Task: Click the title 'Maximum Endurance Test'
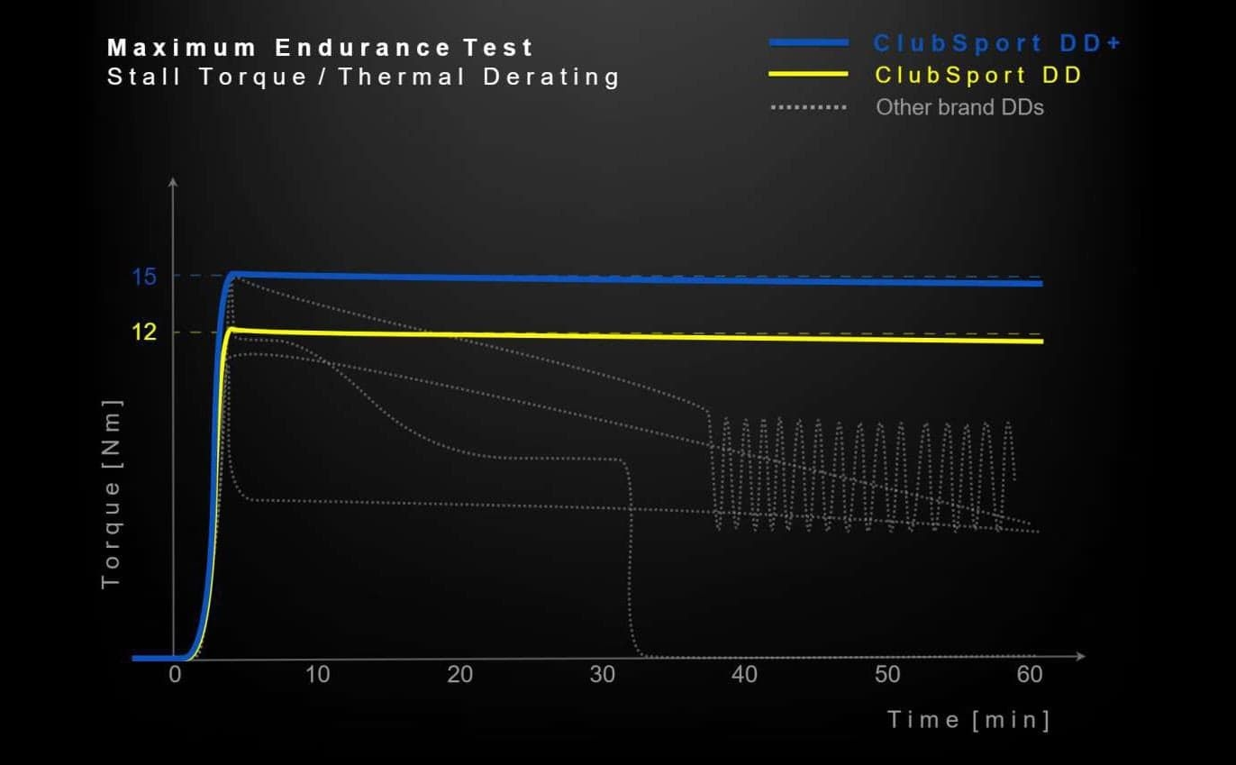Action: coord(321,48)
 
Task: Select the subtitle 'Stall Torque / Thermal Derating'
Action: coord(364,77)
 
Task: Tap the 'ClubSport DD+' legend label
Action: coord(997,43)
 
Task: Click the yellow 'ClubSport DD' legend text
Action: coord(978,75)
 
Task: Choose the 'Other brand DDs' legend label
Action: coord(959,107)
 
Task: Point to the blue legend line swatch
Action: coord(808,43)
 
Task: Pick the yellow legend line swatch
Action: coord(808,75)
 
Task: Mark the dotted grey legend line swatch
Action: coord(808,107)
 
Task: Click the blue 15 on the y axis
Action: coord(144,277)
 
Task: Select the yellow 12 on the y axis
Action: coord(144,332)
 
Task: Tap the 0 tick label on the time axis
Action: coord(175,675)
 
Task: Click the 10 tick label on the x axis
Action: coord(317,675)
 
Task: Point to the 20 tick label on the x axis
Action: coord(459,675)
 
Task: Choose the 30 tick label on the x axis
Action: coord(602,675)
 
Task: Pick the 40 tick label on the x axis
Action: coord(744,675)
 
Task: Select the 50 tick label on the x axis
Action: coord(886,675)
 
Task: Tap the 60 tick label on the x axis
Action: coord(1029,675)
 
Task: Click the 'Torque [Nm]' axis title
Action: coord(111,493)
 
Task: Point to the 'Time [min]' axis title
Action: coord(968,720)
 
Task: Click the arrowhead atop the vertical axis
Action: coord(173,183)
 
